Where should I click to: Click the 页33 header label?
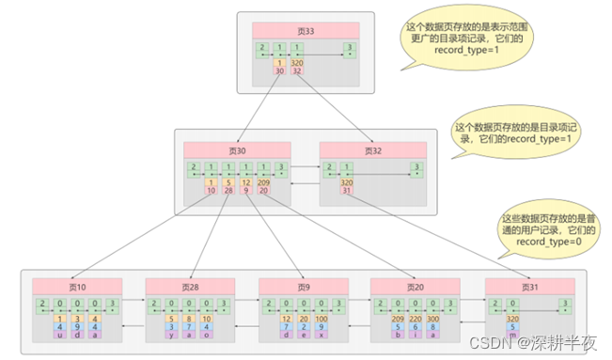pyautogui.click(x=306, y=30)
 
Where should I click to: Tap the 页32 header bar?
pyautogui.click(x=372, y=150)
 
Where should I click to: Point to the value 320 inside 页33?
pyautogui.click(x=296, y=63)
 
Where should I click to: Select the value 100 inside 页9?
pyautogui.click(x=322, y=319)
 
